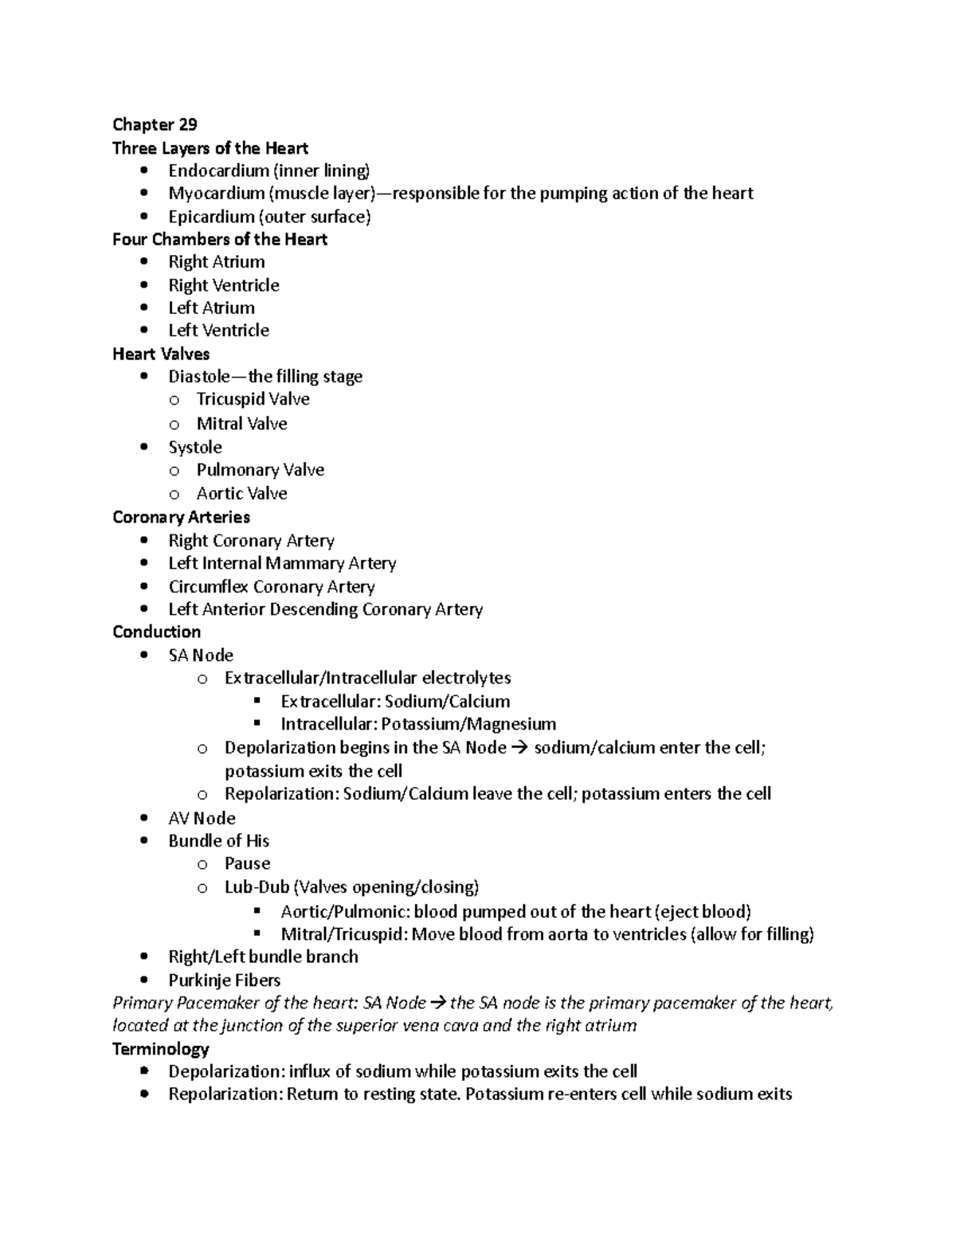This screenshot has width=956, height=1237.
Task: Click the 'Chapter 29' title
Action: tap(155, 124)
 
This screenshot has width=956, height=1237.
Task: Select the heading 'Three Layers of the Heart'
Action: tap(210, 148)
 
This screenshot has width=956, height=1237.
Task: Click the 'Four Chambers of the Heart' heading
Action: tap(220, 240)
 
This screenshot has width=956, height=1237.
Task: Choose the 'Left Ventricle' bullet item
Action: tap(218, 331)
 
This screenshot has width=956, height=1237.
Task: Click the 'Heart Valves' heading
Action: tap(161, 354)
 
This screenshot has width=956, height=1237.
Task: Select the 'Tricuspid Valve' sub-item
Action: tap(253, 399)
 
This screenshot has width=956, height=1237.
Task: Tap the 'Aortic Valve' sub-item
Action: tap(241, 494)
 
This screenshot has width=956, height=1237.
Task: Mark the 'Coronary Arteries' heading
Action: tap(181, 518)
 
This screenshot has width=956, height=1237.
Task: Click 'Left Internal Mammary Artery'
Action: tap(282, 563)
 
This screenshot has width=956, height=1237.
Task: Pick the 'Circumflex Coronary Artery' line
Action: tap(271, 587)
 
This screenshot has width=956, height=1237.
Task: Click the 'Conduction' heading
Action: tap(156, 632)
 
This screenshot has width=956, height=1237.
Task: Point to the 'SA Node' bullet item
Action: tap(201, 656)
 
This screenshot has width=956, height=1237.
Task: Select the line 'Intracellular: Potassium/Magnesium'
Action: tap(417, 724)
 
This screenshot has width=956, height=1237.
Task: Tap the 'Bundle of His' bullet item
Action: tap(218, 841)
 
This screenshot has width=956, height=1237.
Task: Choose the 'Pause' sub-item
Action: tap(247, 863)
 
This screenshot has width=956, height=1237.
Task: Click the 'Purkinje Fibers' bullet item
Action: tap(224, 981)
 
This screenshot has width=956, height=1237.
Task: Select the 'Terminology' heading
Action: tap(161, 1049)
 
